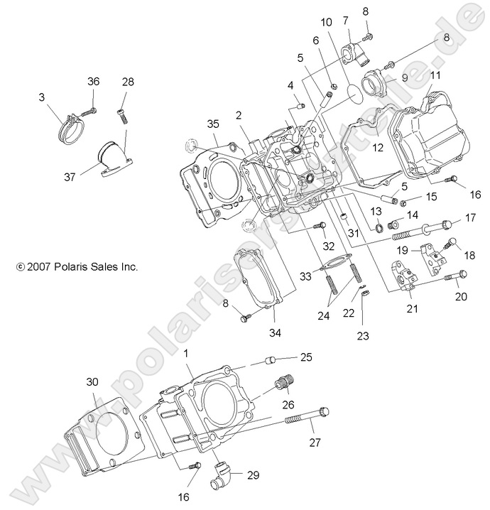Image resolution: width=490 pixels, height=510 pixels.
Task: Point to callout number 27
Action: [315, 442]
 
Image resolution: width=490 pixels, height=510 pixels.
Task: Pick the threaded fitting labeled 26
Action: [284, 386]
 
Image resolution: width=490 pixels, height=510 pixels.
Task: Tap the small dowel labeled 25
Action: [267, 359]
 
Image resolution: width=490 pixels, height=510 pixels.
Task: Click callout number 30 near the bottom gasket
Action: [92, 381]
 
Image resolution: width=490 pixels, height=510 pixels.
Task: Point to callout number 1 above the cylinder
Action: [187, 353]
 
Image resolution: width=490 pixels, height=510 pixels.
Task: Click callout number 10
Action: [326, 23]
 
